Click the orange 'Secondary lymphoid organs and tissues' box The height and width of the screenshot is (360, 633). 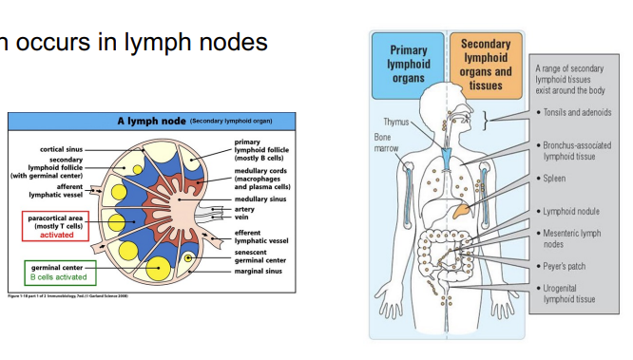pyautogui.click(x=485, y=64)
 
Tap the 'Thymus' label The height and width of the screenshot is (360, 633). pyautogui.click(x=396, y=122)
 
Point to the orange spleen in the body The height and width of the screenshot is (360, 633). pyautogui.click(x=462, y=204)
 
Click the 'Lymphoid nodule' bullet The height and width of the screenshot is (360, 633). pyautogui.click(x=570, y=211)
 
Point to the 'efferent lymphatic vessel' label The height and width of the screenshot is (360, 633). pyautogui.click(x=260, y=237)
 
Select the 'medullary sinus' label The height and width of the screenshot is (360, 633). pyautogui.click(x=260, y=198)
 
